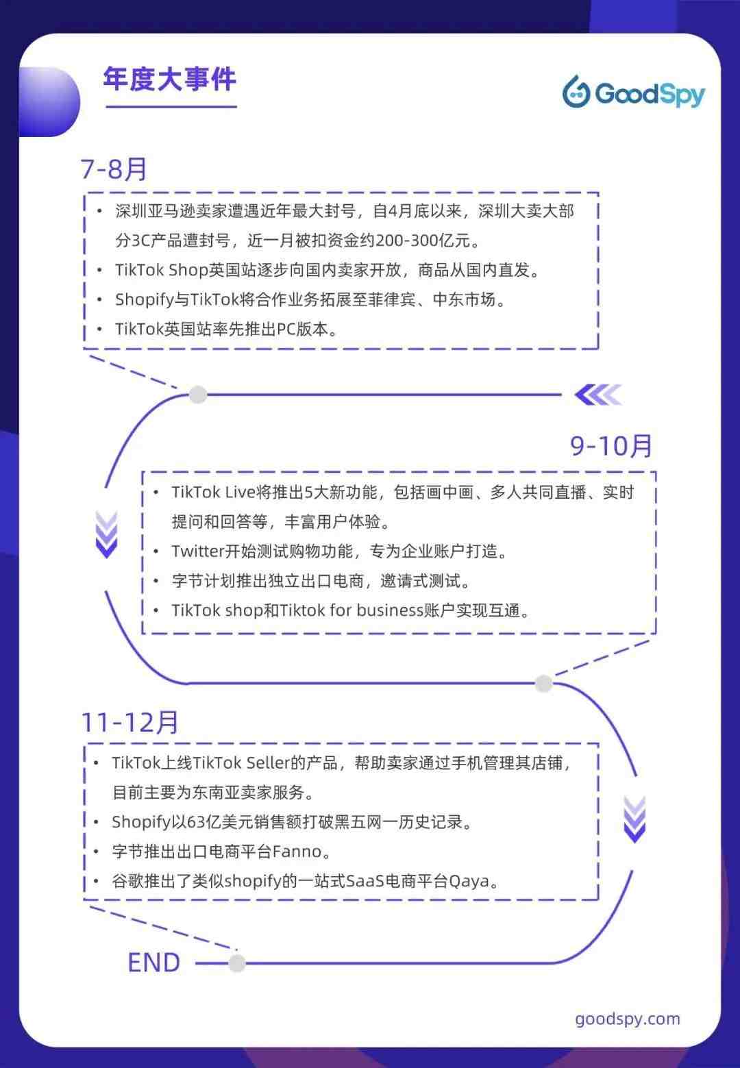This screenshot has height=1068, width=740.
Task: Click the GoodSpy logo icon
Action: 576,91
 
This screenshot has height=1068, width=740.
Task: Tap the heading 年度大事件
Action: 170,79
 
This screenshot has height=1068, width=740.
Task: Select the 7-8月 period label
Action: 114,169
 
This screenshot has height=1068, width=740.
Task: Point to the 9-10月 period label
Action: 610,446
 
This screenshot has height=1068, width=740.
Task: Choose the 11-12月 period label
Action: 130,722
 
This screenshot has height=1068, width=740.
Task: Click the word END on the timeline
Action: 154,962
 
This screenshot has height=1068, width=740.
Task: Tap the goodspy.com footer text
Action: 628,1019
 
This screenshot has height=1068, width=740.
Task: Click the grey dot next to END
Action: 237,963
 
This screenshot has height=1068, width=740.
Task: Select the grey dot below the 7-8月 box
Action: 198,395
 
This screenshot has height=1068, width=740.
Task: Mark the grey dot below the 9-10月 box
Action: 543,683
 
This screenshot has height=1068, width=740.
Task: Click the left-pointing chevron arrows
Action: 598,395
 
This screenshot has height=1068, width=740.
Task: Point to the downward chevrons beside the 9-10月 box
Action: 106,534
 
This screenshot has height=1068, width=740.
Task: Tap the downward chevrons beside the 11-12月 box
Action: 634,819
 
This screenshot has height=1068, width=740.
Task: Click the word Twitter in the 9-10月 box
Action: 198,551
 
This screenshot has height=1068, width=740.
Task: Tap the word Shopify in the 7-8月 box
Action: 145,300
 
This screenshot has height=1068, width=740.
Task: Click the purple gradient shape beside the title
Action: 49,102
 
